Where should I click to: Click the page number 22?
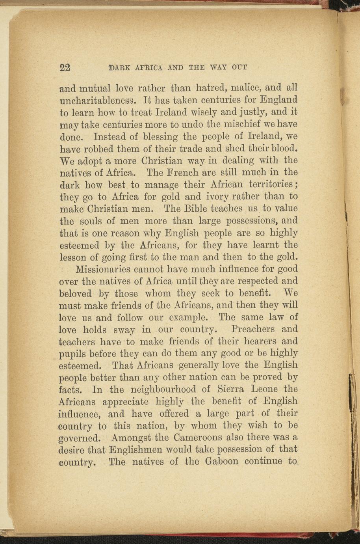[65, 67]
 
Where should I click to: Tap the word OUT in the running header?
[239, 67]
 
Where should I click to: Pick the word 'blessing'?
[160, 136]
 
